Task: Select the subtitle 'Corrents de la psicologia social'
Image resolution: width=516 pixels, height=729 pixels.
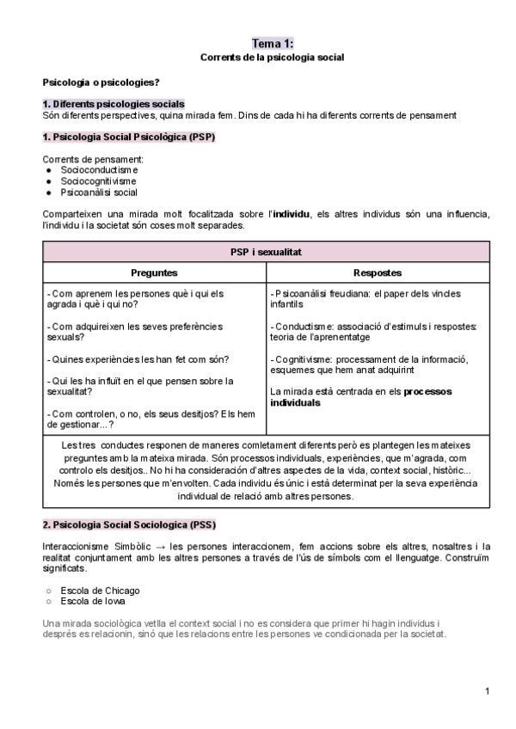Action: pyautogui.click(x=272, y=58)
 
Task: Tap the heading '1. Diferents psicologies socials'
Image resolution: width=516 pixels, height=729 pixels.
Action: pyautogui.click(x=114, y=104)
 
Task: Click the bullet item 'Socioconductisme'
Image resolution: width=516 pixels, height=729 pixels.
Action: pyautogui.click(x=99, y=170)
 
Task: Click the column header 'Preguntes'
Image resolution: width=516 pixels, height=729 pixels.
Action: pyautogui.click(x=154, y=273)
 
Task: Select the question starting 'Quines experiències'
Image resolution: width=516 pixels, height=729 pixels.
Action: pyautogui.click(x=147, y=358)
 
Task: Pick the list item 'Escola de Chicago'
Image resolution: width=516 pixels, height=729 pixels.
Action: pyautogui.click(x=100, y=591)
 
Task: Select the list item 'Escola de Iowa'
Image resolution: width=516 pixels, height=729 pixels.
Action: pyautogui.click(x=93, y=602)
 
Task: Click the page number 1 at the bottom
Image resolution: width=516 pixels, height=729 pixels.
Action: pyautogui.click(x=487, y=691)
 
